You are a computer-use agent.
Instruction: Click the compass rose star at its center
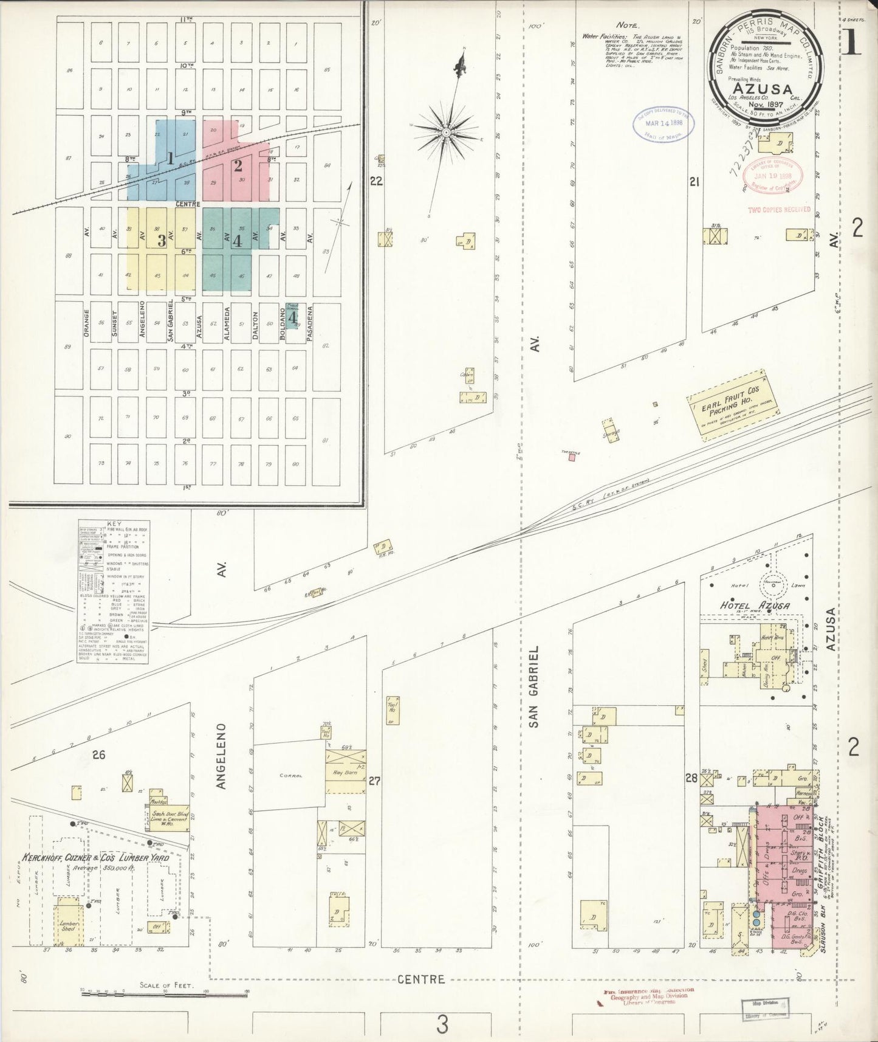click(x=446, y=131)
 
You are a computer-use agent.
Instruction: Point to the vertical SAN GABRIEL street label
click(x=533, y=687)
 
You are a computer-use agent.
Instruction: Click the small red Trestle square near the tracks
click(x=571, y=458)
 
